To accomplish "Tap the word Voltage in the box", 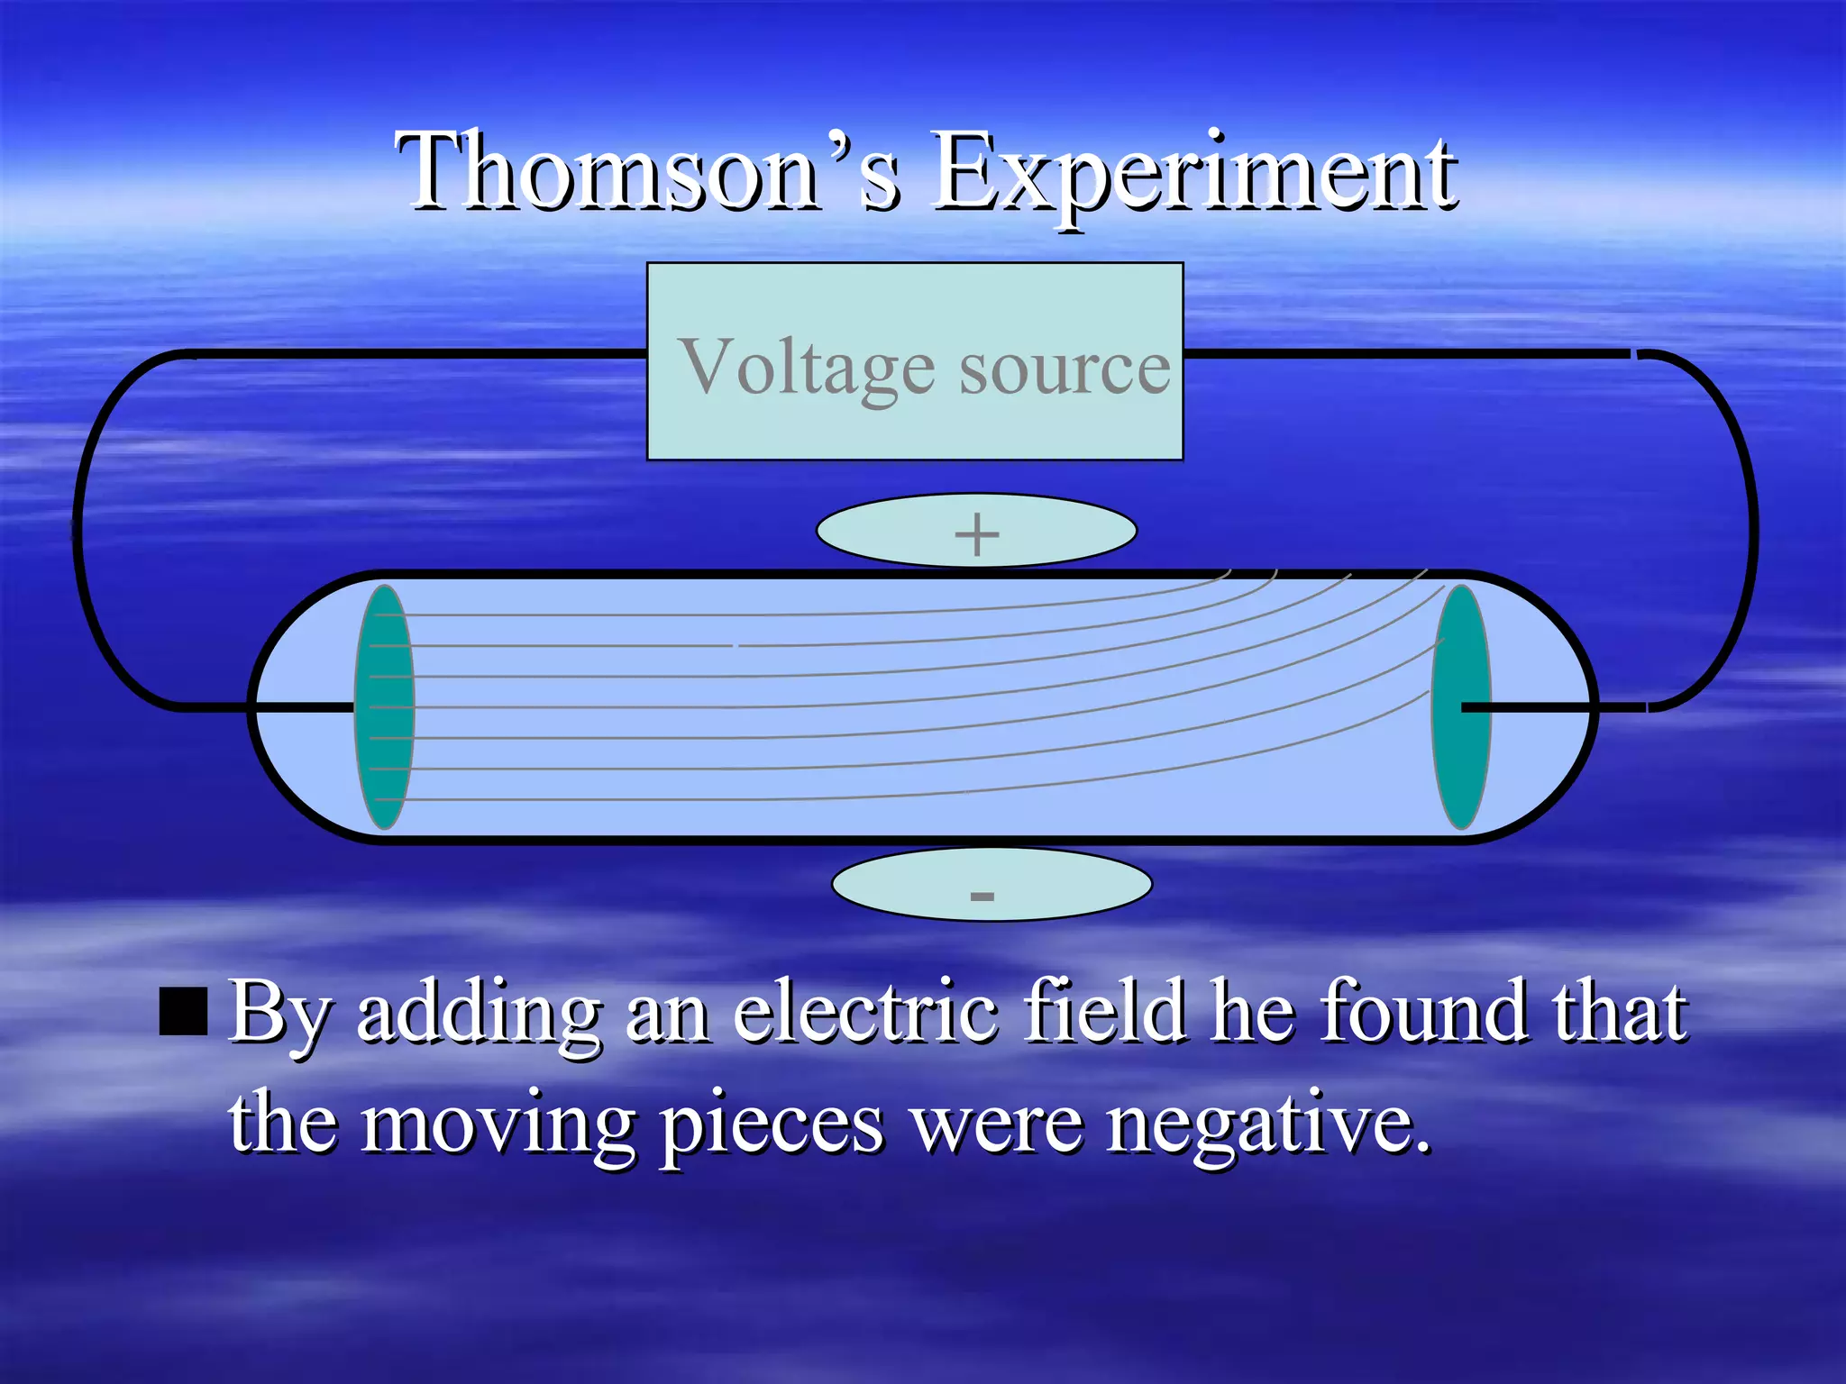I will (x=806, y=368).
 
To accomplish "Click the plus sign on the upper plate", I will (x=976, y=534).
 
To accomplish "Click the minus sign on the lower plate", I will (x=982, y=896).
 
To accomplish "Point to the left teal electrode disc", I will (x=385, y=707).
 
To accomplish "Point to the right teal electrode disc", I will (x=1460, y=707).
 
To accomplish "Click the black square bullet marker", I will (x=183, y=1011).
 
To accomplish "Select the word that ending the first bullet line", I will (x=1618, y=1011).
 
